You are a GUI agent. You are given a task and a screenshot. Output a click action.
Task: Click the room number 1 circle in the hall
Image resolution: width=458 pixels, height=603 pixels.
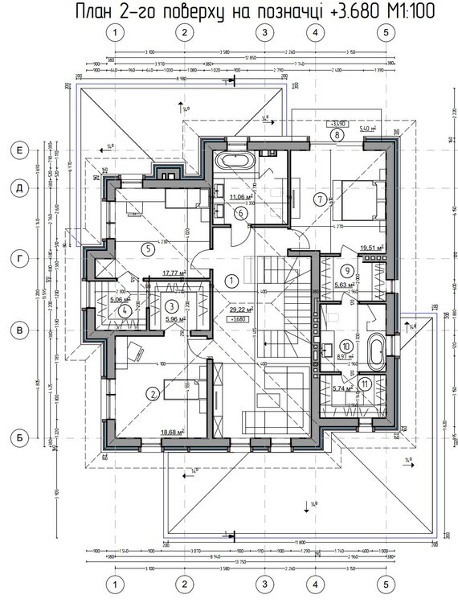pos(231,281)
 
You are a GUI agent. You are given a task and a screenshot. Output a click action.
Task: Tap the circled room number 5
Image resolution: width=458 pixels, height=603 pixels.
pos(145,249)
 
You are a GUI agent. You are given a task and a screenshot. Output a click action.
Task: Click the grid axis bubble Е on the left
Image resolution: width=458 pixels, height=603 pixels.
pos(16,150)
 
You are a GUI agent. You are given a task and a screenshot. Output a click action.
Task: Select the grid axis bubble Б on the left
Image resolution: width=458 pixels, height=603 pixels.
pos(16,439)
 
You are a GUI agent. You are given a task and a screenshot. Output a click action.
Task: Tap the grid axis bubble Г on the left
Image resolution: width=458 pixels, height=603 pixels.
pos(16,259)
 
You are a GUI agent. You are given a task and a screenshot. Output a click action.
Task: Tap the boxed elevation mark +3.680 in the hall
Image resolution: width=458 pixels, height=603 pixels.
pos(238,318)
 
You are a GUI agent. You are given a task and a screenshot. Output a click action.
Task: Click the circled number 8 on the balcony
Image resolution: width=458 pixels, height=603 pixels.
pos(333,135)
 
